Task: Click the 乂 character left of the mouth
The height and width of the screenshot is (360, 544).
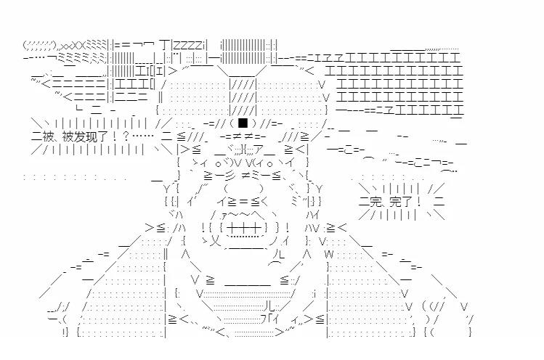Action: point(216,238)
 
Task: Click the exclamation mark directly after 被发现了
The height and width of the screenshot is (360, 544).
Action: point(125,135)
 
